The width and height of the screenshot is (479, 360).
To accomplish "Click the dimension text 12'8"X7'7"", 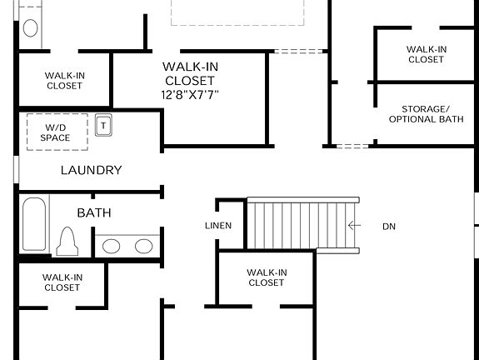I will [x=189, y=95].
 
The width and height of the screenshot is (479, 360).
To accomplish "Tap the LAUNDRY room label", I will [x=91, y=170].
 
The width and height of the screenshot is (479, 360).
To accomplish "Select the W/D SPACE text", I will [x=55, y=132].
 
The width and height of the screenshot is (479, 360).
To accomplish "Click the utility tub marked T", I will [x=104, y=124].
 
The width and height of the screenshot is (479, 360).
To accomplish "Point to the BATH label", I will [x=94, y=213].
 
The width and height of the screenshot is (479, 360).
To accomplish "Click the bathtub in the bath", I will [x=35, y=223].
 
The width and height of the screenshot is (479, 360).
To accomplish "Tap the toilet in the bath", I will [x=67, y=242].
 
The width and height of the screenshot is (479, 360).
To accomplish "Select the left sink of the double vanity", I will [x=112, y=246].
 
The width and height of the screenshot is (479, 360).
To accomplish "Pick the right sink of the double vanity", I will [x=143, y=246].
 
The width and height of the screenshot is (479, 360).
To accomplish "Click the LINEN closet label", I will [x=218, y=226].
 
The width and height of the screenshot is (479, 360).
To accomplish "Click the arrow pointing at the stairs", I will [x=355, y=225].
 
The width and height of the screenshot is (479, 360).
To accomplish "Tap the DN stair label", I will [x=389, y=226].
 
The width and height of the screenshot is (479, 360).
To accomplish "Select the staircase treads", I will [x=302, y=224].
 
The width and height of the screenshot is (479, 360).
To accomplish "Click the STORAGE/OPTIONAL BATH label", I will [x=426, y=114].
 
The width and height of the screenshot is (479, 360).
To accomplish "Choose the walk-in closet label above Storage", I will [x=426, y=54].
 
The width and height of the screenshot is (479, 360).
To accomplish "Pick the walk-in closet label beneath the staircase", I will [x=267, y=277].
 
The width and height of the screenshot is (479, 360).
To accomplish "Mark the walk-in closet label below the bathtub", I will [x=62, y=282].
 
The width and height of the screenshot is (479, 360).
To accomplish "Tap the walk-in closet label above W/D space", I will [x=64, y=81].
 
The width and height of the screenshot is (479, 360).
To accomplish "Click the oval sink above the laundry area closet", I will [x=31, y=27].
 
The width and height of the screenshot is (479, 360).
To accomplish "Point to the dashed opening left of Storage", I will [x=352, y=147].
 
